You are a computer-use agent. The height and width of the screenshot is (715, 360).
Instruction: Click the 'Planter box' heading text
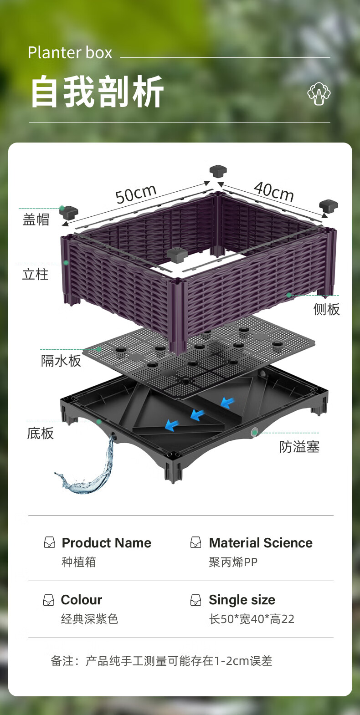coord(70,53)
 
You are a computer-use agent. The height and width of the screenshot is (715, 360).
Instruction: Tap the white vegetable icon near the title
coord(319,93)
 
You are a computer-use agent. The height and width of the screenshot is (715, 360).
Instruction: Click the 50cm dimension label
coord(136,194)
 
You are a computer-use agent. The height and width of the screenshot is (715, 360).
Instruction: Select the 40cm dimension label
coord(274,191)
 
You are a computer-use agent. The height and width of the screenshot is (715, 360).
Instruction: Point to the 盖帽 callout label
coord(36,220)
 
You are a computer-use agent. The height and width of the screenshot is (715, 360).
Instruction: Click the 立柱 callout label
coord(35,275)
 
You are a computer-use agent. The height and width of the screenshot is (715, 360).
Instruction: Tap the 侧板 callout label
coord(326,310)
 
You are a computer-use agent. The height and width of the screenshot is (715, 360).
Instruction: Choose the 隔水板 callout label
coord(61,361)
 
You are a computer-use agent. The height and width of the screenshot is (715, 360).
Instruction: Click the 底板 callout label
coord(40,433)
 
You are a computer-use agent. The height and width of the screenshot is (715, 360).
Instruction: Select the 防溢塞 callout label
coord(299,447)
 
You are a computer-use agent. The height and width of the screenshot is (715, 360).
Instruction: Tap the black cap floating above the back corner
coord(218,172)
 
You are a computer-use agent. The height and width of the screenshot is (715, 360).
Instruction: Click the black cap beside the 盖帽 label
coord(69,212)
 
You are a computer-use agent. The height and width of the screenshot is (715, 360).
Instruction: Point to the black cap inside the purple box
coord(177,255)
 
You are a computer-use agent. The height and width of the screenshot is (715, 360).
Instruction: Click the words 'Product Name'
coord(106,543)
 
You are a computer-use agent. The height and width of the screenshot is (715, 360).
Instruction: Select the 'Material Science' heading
coord(261,543)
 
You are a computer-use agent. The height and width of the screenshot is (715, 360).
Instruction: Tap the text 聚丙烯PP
coord(233,562)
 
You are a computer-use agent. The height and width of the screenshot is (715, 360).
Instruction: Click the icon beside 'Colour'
coord(48,600)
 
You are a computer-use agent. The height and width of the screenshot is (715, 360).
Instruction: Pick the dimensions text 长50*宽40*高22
coord(252,619)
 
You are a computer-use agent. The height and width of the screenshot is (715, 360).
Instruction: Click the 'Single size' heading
coord(242,600)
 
